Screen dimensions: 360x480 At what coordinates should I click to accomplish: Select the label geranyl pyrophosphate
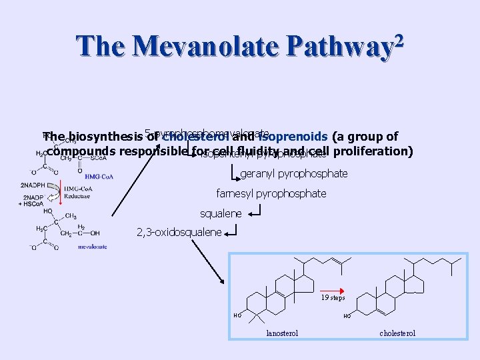(x=293, y=174)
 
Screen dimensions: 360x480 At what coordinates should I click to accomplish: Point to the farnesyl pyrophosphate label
(x=271, y=194)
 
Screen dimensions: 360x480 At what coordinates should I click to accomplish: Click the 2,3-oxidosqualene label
(x=179, y=233)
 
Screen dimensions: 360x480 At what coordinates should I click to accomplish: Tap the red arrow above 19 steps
(x=332, y=288)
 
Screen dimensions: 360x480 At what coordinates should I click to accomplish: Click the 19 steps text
(x=333, y=297)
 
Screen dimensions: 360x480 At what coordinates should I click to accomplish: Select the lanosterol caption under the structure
(x=282, y=333)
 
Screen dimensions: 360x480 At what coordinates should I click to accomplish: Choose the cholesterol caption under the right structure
(x=397, y=333)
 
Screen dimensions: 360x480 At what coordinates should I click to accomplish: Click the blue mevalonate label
(x=93, y=246)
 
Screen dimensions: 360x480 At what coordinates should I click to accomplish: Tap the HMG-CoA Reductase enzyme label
(x=78, y=192)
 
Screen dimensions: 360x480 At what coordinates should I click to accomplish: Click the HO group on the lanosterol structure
(x=237, y=315)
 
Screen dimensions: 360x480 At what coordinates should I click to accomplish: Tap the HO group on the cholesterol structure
(x=347, y=317)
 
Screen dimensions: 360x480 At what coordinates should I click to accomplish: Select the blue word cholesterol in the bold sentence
(x=194, y=137)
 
